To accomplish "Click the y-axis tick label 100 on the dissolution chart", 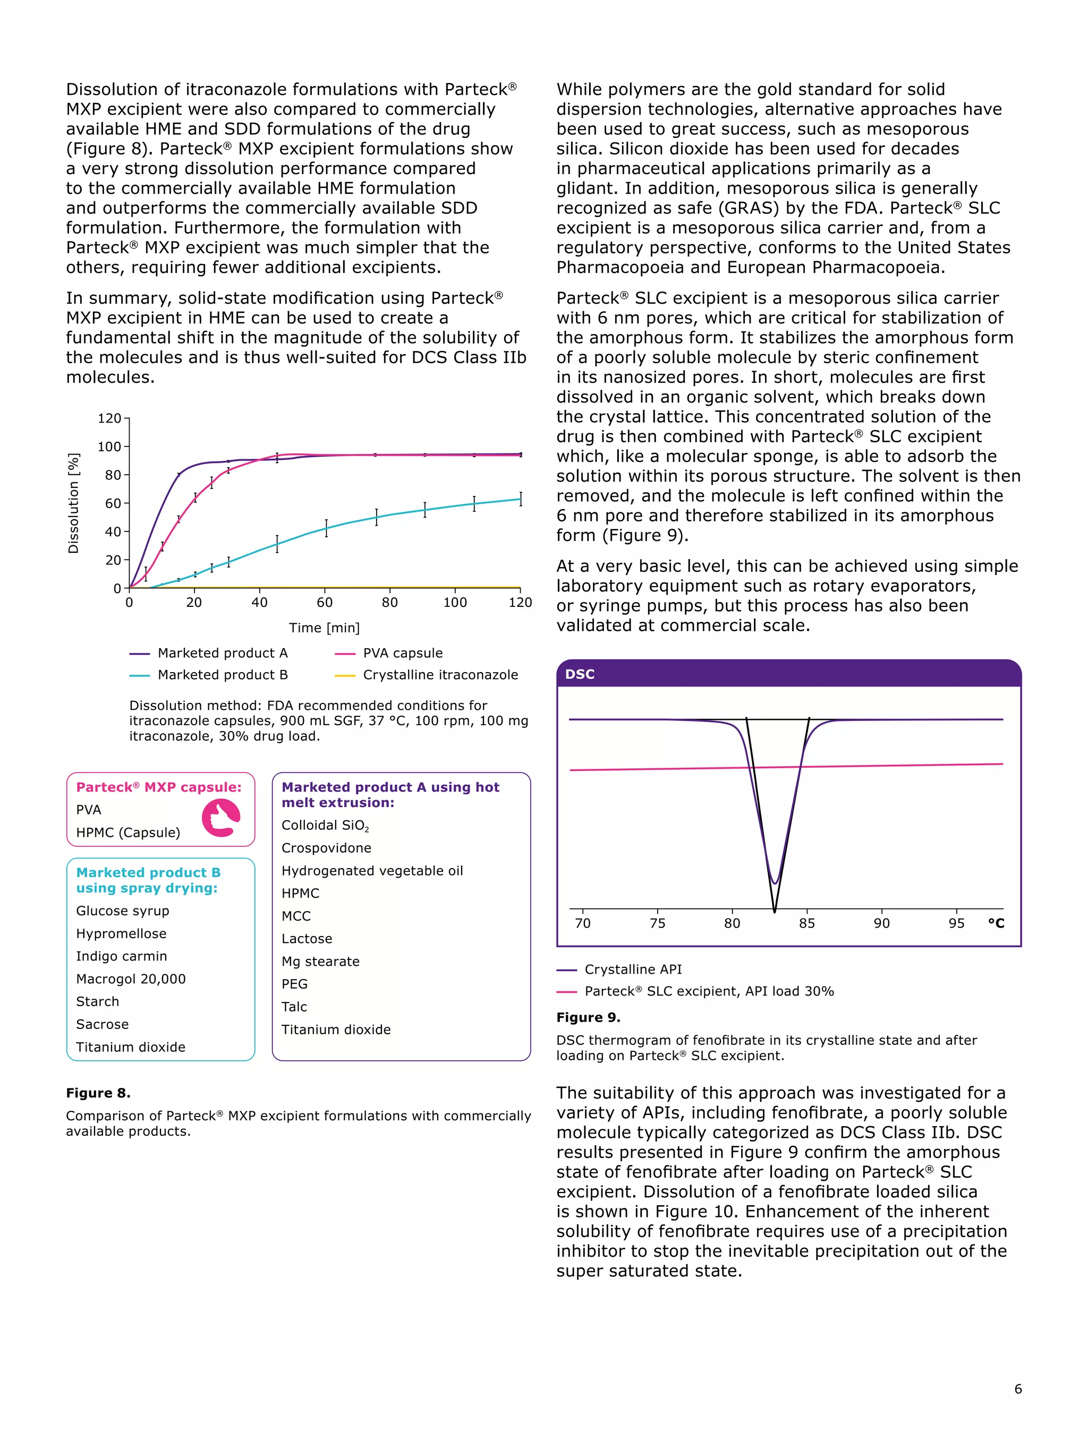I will (109, 447).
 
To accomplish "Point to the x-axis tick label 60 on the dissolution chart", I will (325, 603).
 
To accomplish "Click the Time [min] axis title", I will (324, 628).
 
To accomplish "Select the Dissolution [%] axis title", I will (73, 503).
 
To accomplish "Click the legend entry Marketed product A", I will (222, 653).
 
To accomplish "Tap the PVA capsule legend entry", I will (403, 653).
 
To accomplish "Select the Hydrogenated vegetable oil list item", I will (372, 871).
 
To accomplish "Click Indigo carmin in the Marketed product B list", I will (121, 956).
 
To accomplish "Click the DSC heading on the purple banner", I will (580, 674).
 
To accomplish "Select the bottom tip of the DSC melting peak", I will (775, 910).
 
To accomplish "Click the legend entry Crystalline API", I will (633, 969).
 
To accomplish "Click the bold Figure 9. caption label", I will (588, 1017).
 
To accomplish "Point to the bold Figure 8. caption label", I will (98, 1093).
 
